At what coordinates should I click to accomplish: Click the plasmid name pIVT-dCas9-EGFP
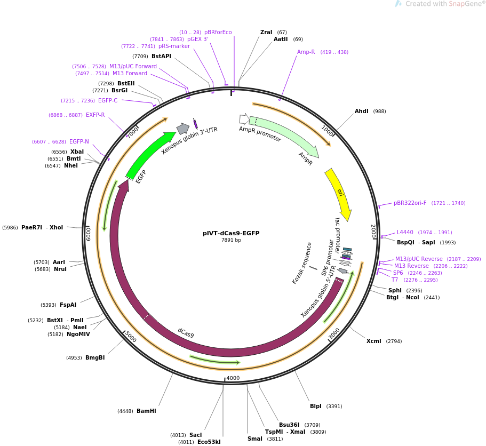(231, 233)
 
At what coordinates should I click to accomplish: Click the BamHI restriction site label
(146, 411)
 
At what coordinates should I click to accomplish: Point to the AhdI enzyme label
(361, 111)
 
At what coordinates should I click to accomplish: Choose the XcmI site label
(374, 341)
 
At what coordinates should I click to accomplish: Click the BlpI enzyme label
(315, 406)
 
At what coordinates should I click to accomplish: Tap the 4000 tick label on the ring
(233, 378)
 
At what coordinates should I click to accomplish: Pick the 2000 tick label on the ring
(373, 231)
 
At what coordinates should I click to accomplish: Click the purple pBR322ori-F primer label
(410, 203)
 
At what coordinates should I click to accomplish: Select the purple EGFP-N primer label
(79, 141)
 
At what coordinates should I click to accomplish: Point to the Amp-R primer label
(306, 52)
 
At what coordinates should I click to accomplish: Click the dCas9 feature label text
(186, 333)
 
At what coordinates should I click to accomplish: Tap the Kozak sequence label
(301, 263)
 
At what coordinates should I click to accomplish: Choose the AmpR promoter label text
(260, 134)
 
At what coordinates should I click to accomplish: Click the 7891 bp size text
(231, 240)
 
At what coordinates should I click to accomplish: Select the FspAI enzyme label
(68, 305)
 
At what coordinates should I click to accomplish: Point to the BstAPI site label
(161, 56)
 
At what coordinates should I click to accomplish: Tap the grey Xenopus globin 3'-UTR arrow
(183, 129)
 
